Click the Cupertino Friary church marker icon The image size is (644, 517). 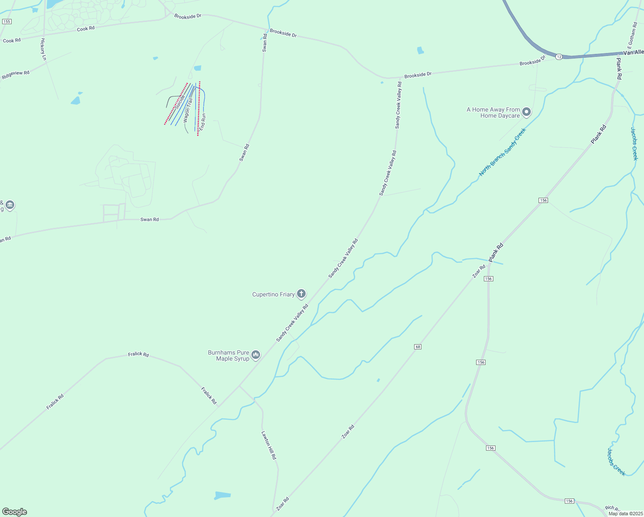coord(301,294)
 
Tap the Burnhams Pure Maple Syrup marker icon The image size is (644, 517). coord(256,355)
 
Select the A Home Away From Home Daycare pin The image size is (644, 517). coord(526,112)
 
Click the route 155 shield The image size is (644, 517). coord(6,22)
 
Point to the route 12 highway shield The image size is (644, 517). coord(558,57)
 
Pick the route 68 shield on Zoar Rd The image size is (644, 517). coord(418,347)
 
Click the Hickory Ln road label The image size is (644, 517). coord(43,49)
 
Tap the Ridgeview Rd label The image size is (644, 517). coord(16,75)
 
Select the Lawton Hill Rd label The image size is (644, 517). coord(269,445)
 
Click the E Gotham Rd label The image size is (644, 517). coord(632,36)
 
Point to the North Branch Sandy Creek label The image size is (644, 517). coord(502,152)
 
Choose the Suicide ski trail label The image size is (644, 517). coord(180,102)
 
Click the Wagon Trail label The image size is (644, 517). coord(188,111)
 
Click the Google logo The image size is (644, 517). coord(15,512)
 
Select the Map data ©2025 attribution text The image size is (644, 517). coord(625,514)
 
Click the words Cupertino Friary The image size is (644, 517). coord(273,295)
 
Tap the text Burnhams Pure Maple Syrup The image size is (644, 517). coord(229,355)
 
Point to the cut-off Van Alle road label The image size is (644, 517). coord(633,53)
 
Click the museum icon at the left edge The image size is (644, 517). coord(10,205)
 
